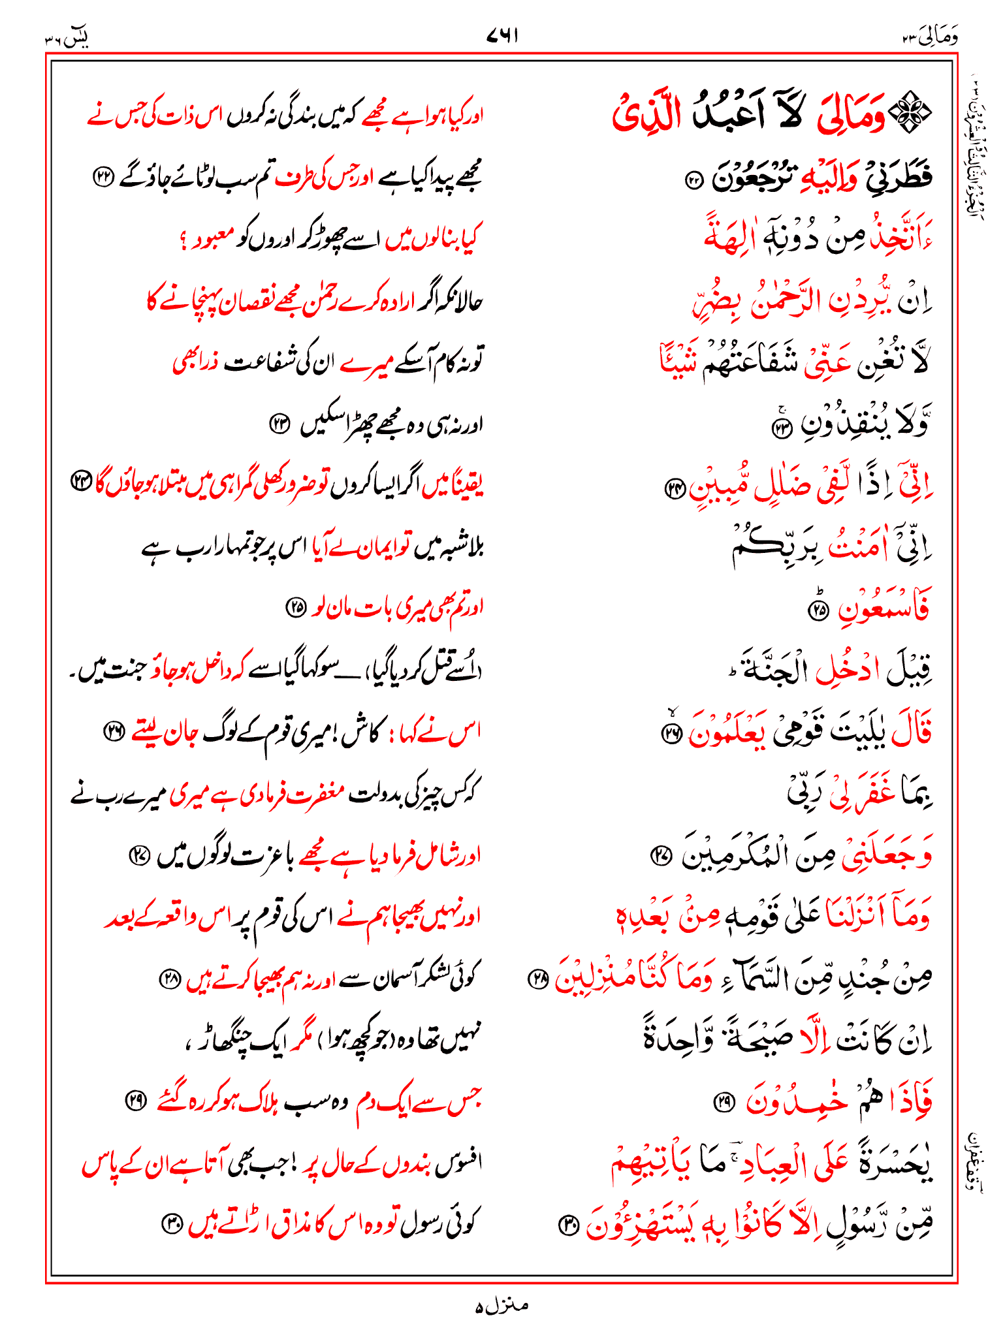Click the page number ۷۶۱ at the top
(x=502, y=36)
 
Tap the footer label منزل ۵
(x=501, y=1306)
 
